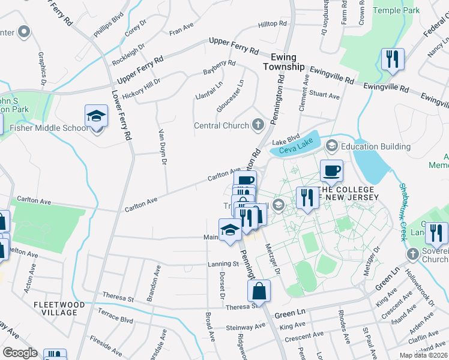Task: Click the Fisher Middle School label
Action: (50, 128)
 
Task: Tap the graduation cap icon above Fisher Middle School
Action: (96, 115)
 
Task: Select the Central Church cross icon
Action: (258, 125)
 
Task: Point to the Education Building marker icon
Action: (331, 146)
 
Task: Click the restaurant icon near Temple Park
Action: (392, 59)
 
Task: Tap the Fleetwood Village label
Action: (64, 308)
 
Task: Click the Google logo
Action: (20, 353)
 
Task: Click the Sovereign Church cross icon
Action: (413, 254)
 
